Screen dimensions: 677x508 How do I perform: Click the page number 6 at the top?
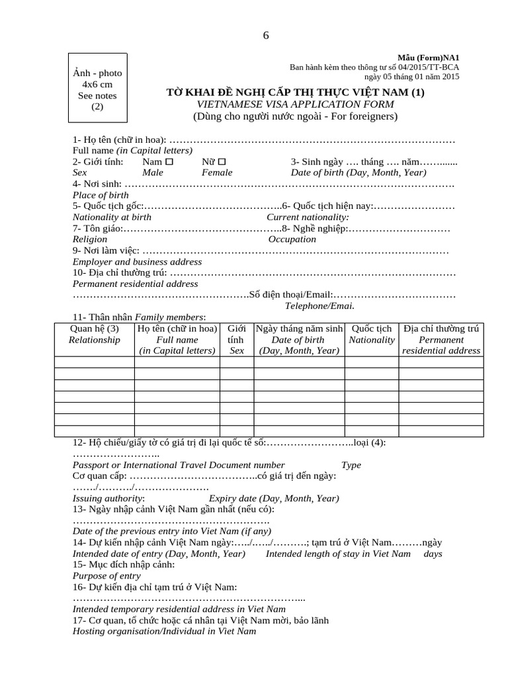[x=266, y=36]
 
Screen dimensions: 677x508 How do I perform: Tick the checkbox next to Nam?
[x=169, y=161]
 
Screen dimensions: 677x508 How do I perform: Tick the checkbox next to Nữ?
[x=222, y=161]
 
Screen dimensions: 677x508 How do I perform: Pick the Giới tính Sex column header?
[x=236, y=339]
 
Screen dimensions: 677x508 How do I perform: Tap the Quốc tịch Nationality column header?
[x=371, y=334]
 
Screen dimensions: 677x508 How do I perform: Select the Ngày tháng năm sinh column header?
[x=298, y=339]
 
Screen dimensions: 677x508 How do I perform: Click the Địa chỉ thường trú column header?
[x=441, y=339]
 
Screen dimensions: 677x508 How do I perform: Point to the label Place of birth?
[x=101, y=195]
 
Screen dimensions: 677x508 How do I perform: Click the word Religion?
[x=90, y=239]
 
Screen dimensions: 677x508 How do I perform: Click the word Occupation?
[x=292, y=239]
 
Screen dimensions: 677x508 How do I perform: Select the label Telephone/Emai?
[x=319, y=305]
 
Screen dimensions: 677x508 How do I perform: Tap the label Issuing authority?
[x=108, y=498]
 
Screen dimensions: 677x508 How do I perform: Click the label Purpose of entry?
[x=106, y=576]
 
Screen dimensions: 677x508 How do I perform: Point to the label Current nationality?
[x=308, y=217]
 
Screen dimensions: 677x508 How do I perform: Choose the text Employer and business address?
[x=137, y=262]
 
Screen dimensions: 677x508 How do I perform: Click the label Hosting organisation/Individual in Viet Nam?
[x=163, y=631]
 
